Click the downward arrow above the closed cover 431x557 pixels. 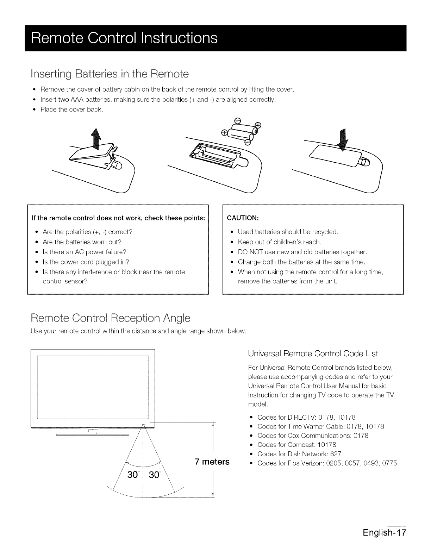342,139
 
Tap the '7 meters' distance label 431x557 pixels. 212,461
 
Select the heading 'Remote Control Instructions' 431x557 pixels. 124,38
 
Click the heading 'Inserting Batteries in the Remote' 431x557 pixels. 110,74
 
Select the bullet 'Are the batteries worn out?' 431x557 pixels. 82,242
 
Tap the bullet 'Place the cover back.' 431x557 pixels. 71,109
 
